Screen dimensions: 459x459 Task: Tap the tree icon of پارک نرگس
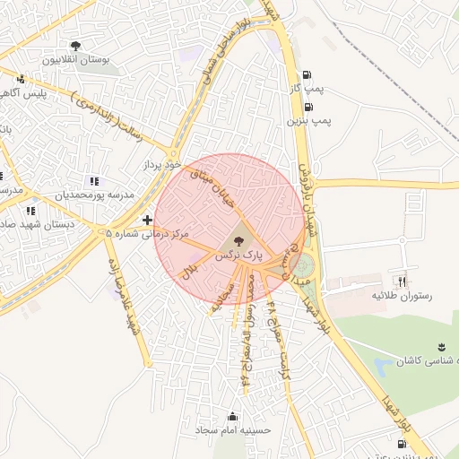pyautogui.click(x=238, y=240)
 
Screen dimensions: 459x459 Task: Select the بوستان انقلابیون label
pyautogui.click(x=74, y=60)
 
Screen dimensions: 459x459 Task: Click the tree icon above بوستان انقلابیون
pyautogui.click(x=74, y=46)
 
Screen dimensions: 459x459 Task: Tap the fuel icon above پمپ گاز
pyautogui.click(x=308, y=75)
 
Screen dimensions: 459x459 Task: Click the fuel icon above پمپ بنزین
pyautogui.click(x=308, y=106)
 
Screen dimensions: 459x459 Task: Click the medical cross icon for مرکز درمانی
pyautogui.click(x=147, y=219)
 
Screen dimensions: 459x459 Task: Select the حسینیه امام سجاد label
pyautogui.click(x=234, y=431)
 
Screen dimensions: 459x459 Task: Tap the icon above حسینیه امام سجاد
pyautogui.click(x=233, y=416)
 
